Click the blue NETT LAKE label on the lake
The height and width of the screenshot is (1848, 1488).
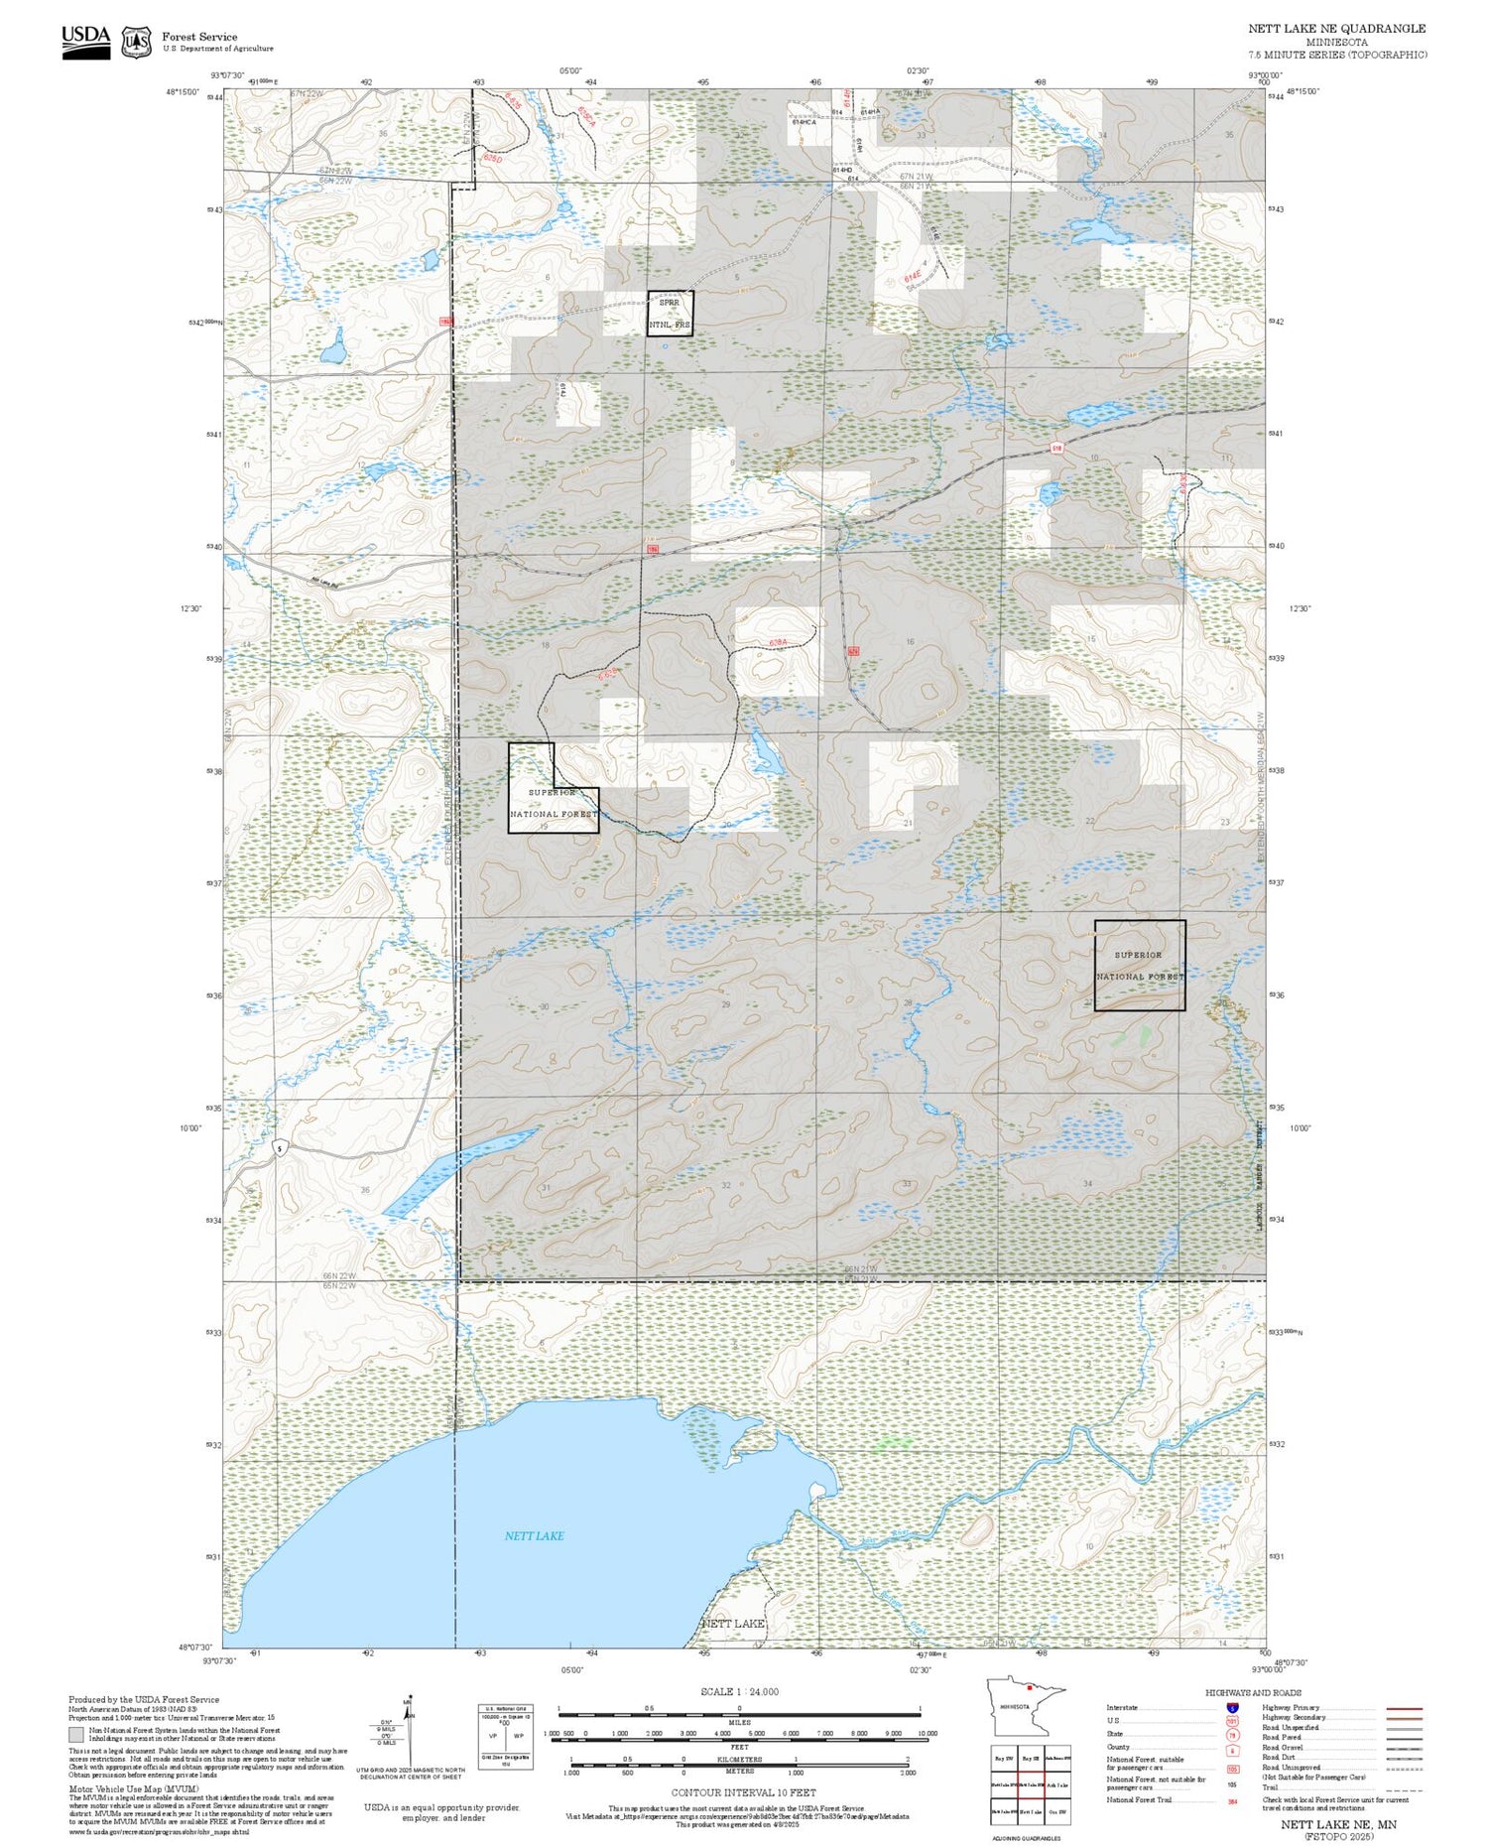[534, 1535]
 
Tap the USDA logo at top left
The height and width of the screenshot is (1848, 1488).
[85, 41]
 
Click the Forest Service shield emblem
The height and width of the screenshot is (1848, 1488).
[136, 42]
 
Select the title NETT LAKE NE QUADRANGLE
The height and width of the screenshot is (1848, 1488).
[1336, 29]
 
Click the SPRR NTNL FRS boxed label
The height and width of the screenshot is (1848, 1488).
[670, 313]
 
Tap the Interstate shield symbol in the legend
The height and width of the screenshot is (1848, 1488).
[1233, 1707]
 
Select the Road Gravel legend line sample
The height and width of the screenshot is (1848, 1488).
[1399, 1748]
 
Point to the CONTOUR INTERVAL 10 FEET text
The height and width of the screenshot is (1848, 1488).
[743, 1792]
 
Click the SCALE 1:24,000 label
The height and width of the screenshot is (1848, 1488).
[739, 1691]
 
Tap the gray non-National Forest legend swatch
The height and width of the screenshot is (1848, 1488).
[75, 1735]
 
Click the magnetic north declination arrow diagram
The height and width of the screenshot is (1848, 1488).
[407, 1727]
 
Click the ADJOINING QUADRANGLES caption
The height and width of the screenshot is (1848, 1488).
[1027, 1838]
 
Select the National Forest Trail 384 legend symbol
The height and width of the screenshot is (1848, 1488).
[1233, 1800]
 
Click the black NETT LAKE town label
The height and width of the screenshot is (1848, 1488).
[733, 1624]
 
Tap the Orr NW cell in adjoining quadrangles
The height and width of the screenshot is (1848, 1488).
[1057, 1811]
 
